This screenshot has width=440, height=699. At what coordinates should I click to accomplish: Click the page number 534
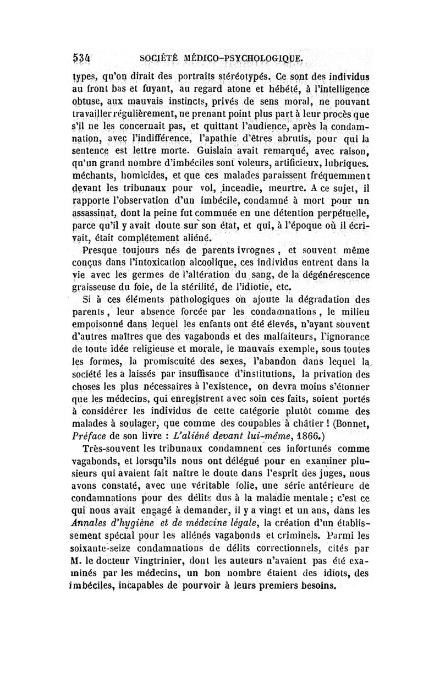point(82,58)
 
